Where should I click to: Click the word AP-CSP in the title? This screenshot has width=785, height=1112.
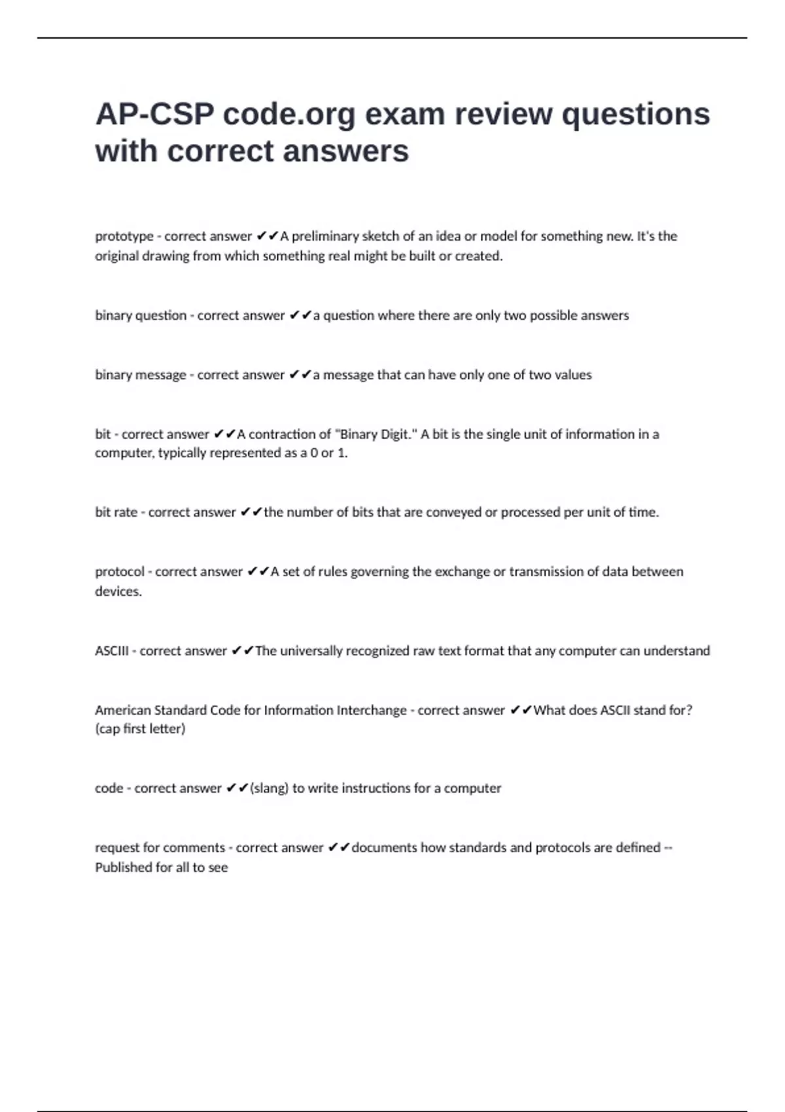click(154, 114)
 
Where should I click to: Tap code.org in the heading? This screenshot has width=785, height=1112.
click(289, 114)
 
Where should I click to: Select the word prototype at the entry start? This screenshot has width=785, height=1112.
click(124, 236)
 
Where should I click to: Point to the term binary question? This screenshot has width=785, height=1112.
click(141, 315)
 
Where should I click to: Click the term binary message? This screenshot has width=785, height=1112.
click(141, 375)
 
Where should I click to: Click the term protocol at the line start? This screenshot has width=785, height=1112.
click(120, 572)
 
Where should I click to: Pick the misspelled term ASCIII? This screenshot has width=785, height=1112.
click(111, 651)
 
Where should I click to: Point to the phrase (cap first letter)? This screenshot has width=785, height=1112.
click(140, 729)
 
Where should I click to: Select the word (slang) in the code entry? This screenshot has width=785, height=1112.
click(269, 788)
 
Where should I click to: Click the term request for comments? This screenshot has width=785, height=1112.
click(160, 848)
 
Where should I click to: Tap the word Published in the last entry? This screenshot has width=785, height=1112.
click(123, 867)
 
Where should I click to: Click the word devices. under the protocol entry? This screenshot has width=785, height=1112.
click(118, 591)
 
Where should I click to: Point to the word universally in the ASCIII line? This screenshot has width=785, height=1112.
click(311, 651)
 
